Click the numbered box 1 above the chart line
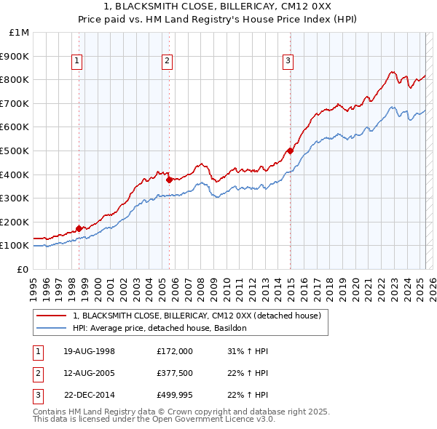tap(77, 62)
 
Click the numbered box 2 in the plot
tap(167, 62)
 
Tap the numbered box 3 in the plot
tap(288, 62)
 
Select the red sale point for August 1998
tap(79, 228)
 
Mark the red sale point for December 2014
tap(290, 151)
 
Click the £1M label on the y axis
tap(20, 33)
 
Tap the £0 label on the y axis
tap(23, 269)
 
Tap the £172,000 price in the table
tap(175, 351)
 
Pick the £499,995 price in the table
tap(175, 396)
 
